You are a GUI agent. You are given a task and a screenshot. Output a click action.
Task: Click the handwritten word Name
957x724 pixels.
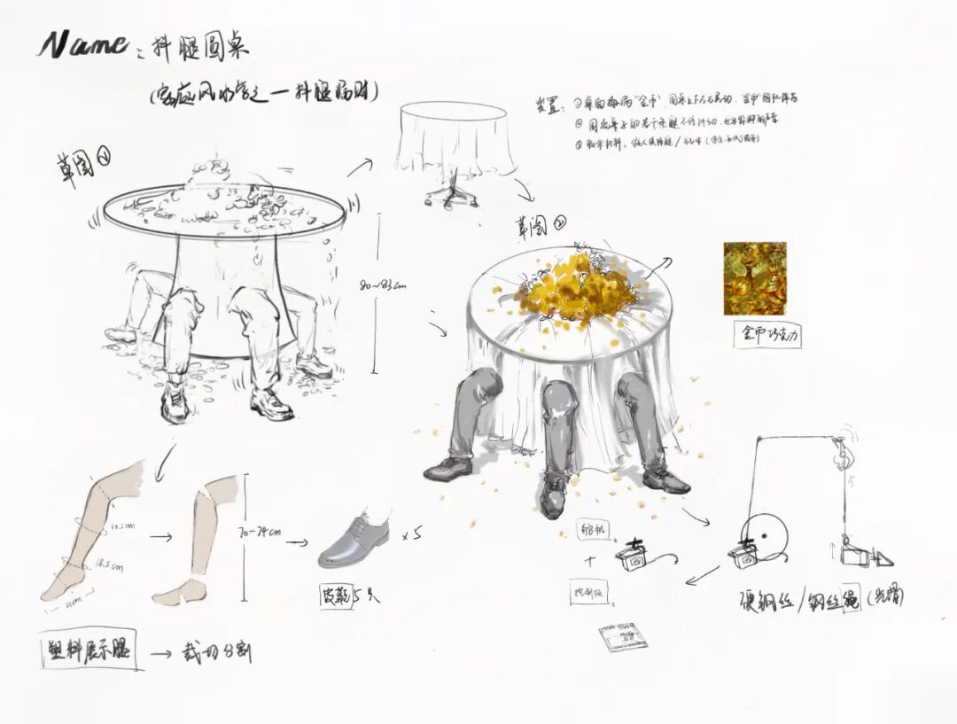(82, 43)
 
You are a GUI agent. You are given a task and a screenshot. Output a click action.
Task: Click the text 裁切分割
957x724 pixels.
(215, 653)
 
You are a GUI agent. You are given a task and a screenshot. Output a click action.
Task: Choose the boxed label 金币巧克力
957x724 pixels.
(768, 335)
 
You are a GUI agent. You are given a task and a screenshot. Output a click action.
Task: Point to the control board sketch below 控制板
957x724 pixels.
(619, 638)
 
